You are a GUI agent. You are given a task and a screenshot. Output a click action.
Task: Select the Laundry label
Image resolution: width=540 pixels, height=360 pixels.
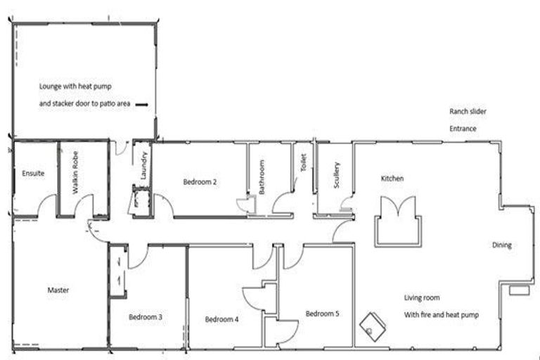pyautogui.click(x=143, y=166)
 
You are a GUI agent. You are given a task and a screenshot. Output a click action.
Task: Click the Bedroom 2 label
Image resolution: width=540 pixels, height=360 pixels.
pyautogui.click(x=200, y=182)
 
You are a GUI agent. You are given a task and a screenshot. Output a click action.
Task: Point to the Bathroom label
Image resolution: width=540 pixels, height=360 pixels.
pyautogui.click(x=261, y=177)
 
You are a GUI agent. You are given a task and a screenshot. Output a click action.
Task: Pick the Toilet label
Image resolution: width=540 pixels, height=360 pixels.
pyautogui.click(x=303, y=163)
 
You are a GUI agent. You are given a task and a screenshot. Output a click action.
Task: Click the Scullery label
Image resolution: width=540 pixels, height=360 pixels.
pyautogui.click(x=337, y=175)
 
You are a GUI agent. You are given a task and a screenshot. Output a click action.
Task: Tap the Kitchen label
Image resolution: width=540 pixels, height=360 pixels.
pyautogui.click(x=392, y=179)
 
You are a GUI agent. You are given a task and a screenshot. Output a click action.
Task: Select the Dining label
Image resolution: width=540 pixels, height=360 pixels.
pyautogui.click(x=501, y=245)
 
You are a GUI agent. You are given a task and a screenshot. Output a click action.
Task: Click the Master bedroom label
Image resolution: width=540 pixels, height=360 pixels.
pyautogui.click(x=58, y=290)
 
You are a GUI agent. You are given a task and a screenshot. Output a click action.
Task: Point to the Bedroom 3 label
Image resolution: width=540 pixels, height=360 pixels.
pyautogui.click(x=146, y=317)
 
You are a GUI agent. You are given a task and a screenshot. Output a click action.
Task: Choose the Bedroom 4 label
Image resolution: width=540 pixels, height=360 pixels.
pyautogui.click(x=221, y=319)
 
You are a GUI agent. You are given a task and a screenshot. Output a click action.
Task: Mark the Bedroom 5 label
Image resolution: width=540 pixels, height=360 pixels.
pyautogui.click(x=322, y=314)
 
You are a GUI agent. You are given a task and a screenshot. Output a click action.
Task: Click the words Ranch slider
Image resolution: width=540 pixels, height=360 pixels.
pyautogui.click(x=468, y=112)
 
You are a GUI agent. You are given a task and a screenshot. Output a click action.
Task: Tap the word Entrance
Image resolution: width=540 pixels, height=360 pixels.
pyautogui.click(x=463, y=129)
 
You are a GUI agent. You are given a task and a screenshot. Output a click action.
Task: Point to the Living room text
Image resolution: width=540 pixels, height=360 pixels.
pyautogui.click(x=423, y=297)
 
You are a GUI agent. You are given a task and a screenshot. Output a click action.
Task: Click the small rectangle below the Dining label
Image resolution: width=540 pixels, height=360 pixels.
pyautogui.click(x=519, y=290)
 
